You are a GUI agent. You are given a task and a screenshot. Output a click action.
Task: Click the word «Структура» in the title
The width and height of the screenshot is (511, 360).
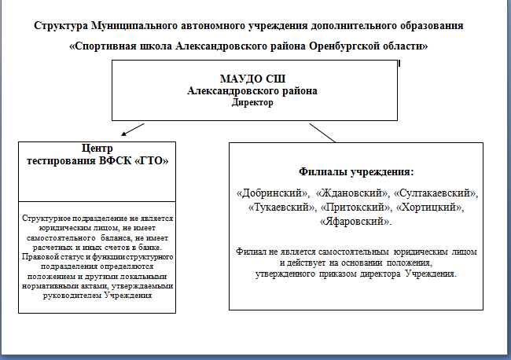pos(61,26)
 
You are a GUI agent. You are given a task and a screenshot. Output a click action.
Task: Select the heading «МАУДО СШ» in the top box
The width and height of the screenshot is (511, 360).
pos(252,79)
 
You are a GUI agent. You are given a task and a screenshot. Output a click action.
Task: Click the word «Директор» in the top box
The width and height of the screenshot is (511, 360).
pos(252,103)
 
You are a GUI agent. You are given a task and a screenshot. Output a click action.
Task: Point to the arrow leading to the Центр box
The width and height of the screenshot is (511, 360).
pos(133,130)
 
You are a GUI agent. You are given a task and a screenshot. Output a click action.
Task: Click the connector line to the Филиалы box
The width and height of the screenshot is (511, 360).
pos(322,133)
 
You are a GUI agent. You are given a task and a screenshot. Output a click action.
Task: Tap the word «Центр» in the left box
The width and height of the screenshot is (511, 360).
pos(97,149)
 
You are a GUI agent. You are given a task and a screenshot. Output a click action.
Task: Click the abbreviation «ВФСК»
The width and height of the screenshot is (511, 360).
pos(115,161)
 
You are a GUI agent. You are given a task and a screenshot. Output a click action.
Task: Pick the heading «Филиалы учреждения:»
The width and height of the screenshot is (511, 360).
pos(356,171)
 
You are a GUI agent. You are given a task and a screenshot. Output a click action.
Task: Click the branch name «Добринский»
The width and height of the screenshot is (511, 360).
pos(273,193)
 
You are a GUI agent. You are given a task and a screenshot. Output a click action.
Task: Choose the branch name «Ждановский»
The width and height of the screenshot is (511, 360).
pos(352,193)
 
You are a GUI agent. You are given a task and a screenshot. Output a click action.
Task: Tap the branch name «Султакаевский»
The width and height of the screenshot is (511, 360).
pos(436,193)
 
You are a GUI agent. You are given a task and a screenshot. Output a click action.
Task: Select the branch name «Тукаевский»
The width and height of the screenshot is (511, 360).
pos(281,208)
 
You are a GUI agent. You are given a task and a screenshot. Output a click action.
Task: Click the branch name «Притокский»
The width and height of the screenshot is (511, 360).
pos(356,208)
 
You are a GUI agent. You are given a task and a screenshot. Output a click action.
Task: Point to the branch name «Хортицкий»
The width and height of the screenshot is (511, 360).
pos(430,208)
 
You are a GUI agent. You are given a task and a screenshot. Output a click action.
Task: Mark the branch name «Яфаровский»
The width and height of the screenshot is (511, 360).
pos(355,222)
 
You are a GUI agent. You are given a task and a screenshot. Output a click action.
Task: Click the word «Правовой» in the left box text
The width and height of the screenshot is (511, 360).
pos(37,257)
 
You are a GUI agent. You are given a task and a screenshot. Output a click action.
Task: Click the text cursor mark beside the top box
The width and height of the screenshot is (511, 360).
pos(399,63)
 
